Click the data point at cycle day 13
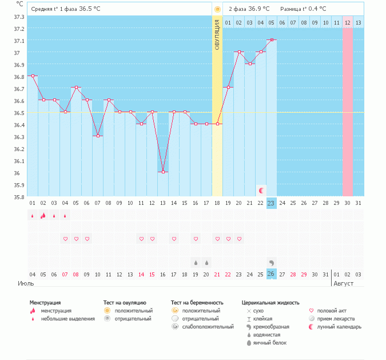[x=163, y=172]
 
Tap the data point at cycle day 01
[x=32, y=76]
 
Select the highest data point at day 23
[x=272, y=39]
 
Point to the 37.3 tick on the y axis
[x=19, y=17]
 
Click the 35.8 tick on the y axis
[x=19, y=197]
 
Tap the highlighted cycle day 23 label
[x=272, y=203]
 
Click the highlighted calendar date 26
[x=272, y=274]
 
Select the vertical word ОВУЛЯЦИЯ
[x=217, y=34]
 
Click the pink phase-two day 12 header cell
[x=348, y=22]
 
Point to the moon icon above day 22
[x=261, y=190]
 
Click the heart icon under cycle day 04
[x=65, y=239]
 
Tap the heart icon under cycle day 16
[x=196, y=239]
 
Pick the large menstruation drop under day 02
[x=43, y=215]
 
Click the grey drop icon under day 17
[x=206, y=262]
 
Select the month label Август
[x=343, y=283]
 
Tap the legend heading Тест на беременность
[x=197, y=302]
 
